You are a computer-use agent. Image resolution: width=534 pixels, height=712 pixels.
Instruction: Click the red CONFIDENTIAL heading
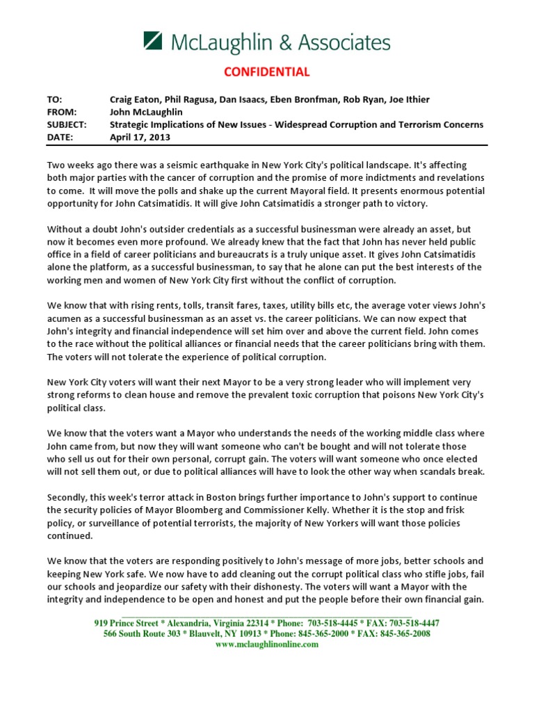tap(266, 72)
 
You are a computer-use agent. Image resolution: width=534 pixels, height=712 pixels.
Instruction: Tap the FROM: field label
tap(60, 112)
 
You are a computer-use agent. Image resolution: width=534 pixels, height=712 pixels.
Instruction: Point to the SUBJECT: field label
tap(67, 124)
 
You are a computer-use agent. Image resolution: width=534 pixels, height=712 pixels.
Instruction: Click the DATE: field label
tap(60, 137)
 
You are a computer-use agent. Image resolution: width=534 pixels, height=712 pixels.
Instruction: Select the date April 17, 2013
tap(140, 137)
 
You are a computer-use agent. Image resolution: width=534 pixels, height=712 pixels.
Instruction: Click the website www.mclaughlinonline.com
tap(267, 645)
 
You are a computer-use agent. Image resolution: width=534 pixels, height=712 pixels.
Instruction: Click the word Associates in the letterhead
tap(344, 43)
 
